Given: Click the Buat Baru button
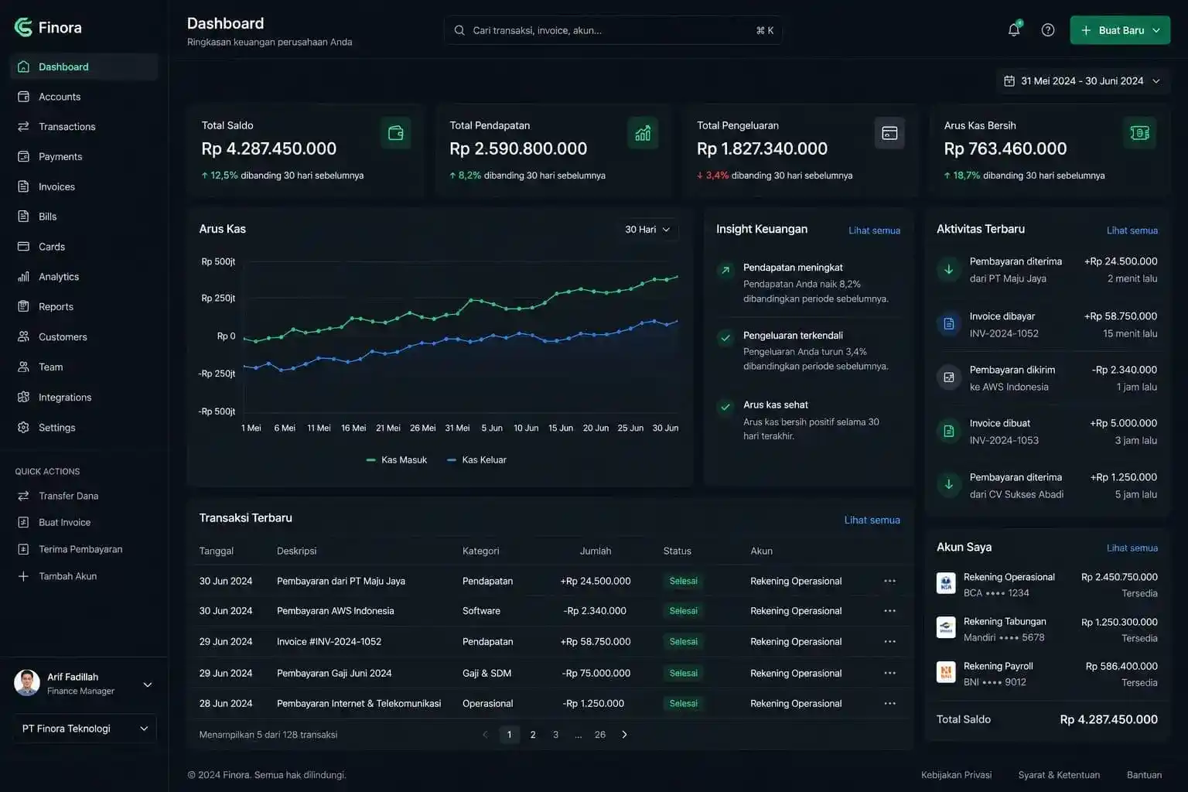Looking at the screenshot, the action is [1120, 30].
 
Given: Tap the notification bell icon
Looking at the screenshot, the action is [1013, 29].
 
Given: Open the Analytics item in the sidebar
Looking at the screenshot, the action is [58, 276].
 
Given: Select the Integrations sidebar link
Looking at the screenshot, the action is [65, 397].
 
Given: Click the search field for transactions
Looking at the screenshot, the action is [613, 30].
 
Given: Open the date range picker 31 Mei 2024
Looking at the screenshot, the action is [1083, 81].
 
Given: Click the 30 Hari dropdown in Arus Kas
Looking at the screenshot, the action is [647, 229].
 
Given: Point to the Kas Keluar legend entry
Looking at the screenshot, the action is [476, 460].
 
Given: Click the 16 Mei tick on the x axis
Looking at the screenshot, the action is [353, 428].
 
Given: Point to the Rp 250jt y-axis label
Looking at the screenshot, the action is [218, 298].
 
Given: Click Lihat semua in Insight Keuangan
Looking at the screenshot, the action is [874, 230].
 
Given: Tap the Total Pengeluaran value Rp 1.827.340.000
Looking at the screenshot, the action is [762, 148].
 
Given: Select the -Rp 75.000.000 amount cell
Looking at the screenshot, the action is [596, 673].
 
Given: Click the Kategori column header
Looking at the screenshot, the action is [480, 551].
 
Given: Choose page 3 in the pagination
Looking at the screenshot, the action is [555, 735].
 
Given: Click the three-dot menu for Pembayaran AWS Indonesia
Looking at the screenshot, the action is [889, 610].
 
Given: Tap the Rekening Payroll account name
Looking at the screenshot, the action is [999, 666].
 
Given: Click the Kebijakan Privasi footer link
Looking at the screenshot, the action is [956, 774].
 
